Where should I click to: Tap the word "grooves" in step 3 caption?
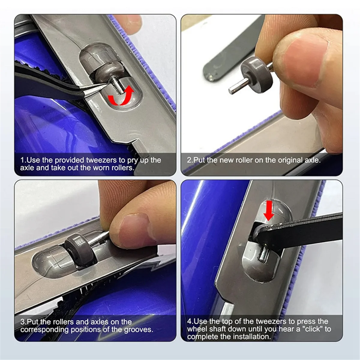[x=138, y=329]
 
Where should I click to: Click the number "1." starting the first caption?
[x=23, y=160]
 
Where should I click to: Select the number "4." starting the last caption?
[x=190, y=322]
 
